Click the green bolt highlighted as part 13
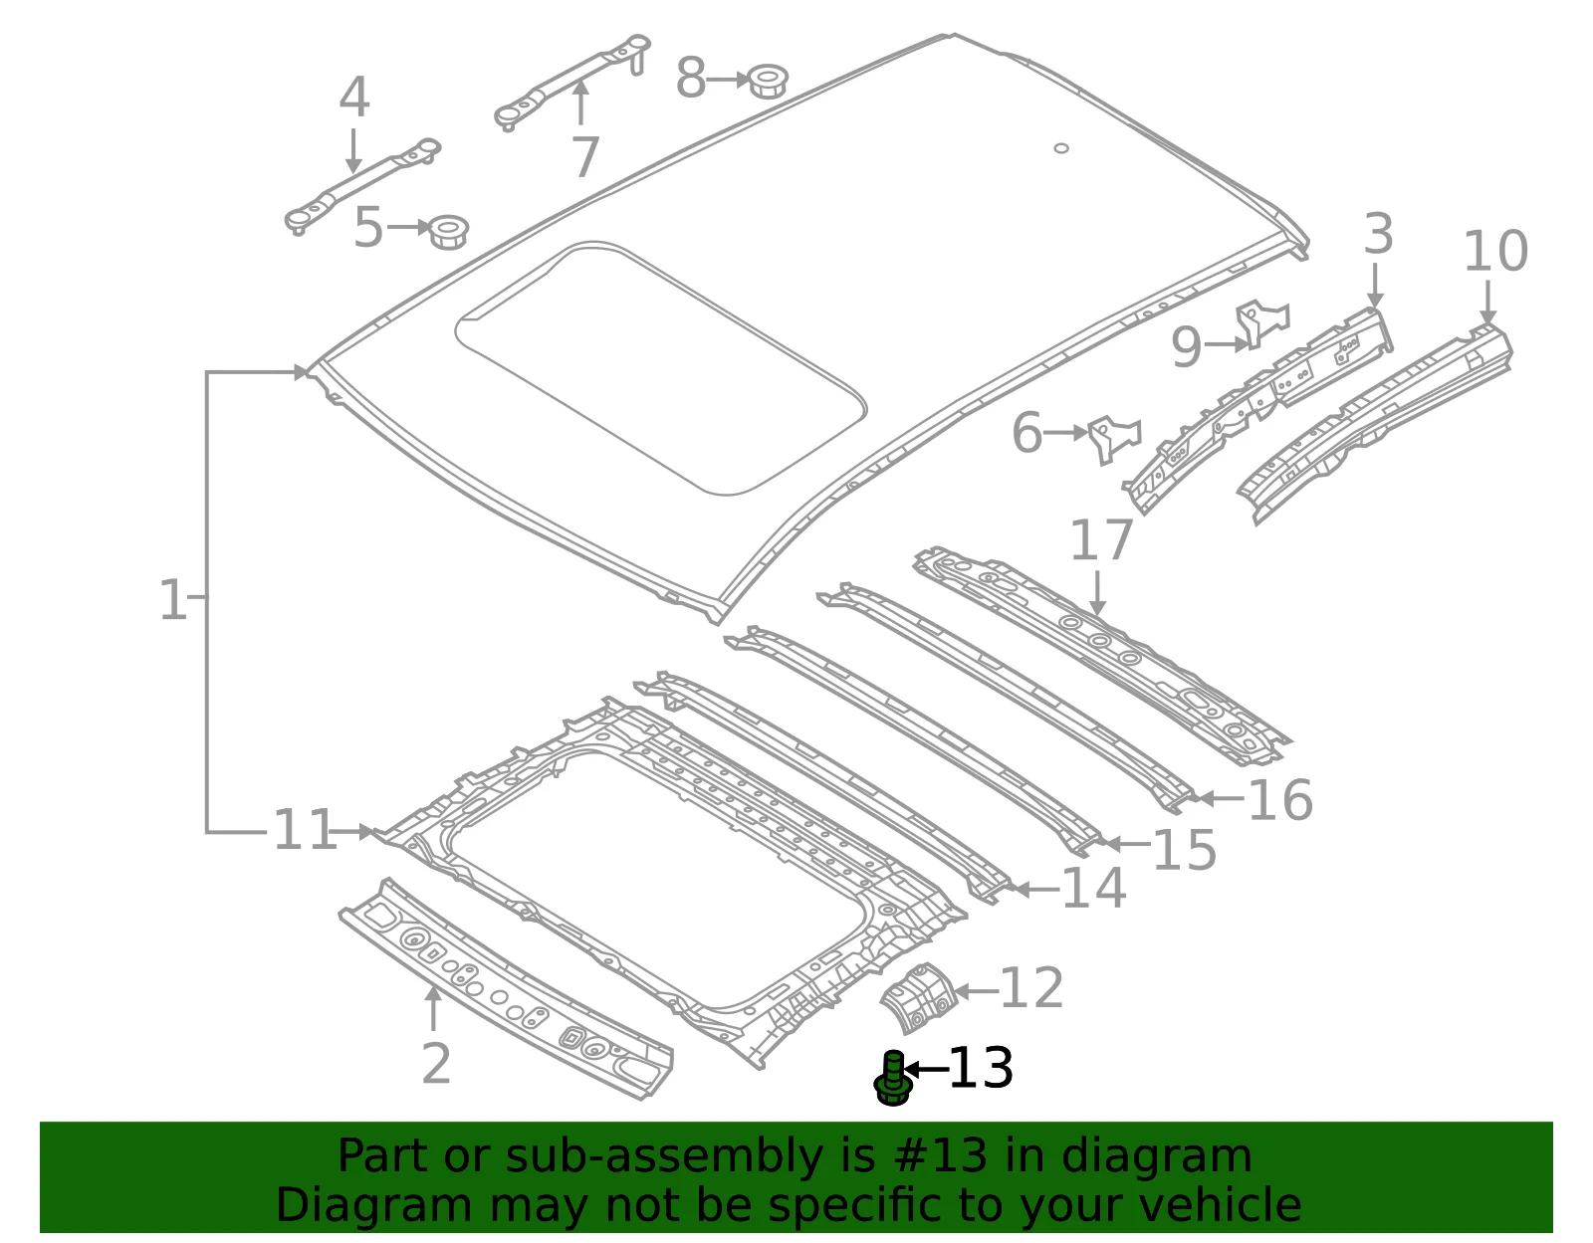pos(893,1078)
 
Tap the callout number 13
pos(981,1068)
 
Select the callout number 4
pos(354,97)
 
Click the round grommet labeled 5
pos(448,233)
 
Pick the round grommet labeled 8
pos(769,80)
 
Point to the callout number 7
pos(585,157)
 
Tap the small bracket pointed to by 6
pos(1114,438)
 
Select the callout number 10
pos(1495,251)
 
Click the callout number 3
pos(1378,235)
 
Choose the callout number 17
pos(1102,539)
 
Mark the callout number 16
pos(1280,800)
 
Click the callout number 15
pos(1185,850)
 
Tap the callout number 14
pos(1094,889)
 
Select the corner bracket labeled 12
pos(919,998)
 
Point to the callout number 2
pos(436,1064)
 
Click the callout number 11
pos(305,830)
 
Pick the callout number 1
pos(174,600)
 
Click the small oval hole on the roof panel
pos(1060,148)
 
